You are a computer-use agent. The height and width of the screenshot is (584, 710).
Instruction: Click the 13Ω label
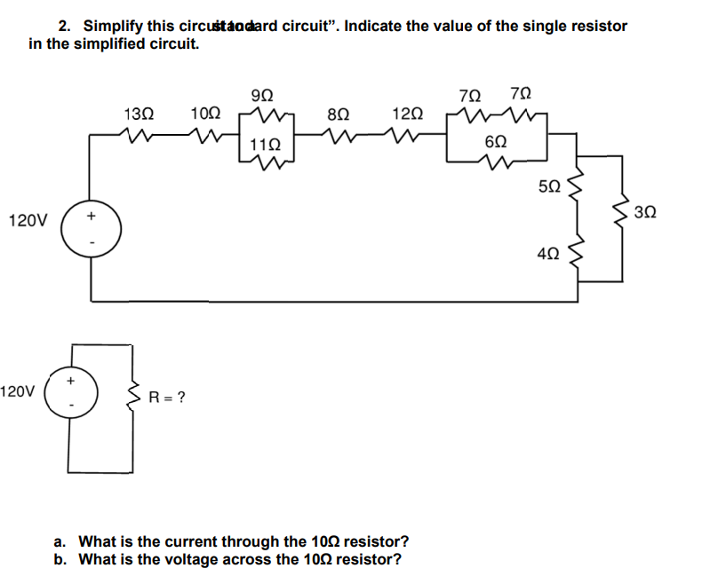(139, 114)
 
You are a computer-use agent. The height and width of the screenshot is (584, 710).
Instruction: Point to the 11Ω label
(266, 144)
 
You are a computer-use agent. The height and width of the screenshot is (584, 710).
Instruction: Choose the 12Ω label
(407, 114)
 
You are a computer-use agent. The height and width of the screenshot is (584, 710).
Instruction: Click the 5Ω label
(549, 186)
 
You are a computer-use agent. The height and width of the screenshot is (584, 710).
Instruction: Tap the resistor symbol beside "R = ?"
(136, 396)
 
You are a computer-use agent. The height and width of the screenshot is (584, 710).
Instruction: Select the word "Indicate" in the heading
(374, 26)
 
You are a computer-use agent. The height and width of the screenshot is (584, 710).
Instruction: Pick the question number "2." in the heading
(65, 26)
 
